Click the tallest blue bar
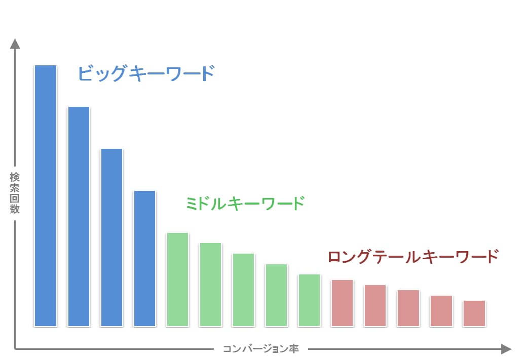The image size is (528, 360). click(x=45, y=195)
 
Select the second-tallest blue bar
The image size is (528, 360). click(x=79, y=216)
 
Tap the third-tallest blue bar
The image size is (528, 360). click(x=111, y=237)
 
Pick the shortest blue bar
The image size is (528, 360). click(x=144, y=258)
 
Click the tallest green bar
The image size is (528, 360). click(x=177, y=279)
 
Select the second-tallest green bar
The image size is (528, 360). click(x=210, y=285)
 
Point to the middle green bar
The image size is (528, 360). click(x=243, y=290)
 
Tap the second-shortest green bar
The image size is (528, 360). click(x=276, y=295)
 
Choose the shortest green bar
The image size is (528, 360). click(x=309, y=300)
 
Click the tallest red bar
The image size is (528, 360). click(x=342, y=303)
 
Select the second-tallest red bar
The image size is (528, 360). click(x=375, y=305)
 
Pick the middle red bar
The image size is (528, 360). click(x=408, y=308)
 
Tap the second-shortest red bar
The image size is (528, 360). click(x=441, y=310)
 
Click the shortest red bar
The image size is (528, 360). click(x=474, y=313)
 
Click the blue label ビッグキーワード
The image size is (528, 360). click(x=146, y=74)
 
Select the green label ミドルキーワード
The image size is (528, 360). click(x=245, y=204)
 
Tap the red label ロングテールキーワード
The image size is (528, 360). click(x=413, y=256)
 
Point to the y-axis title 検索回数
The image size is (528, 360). click(x=15, y=193)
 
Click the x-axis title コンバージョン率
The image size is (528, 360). click(x=261, y=349)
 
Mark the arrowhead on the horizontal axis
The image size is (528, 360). click(x=506, y=349)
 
